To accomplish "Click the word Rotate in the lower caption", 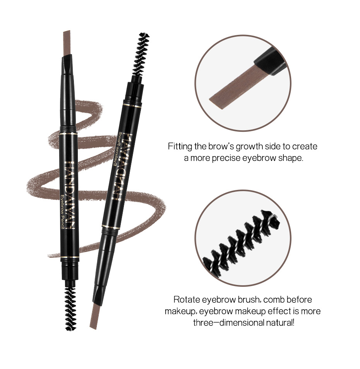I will (x=185, y=300).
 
